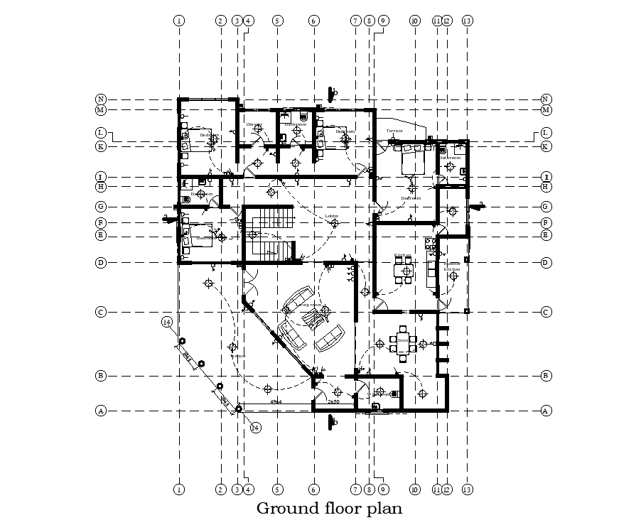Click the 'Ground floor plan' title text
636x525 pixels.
[329, 509]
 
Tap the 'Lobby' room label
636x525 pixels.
[331, 216]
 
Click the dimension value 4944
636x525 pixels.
[276, 402]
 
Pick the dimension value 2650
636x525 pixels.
[333, 402]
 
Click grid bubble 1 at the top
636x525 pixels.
[178, 21]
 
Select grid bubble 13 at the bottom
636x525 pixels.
[467, 489]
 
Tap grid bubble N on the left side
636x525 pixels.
[102, 99]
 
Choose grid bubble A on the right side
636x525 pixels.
[546, 411]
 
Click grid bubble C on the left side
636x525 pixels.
[102, 312]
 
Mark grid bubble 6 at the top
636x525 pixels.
[314, 21]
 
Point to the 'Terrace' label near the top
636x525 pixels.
[394, 131]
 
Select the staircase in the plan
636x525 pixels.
[269, 233]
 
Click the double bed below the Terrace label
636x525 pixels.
[413, 161]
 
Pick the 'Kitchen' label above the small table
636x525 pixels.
[403, 255]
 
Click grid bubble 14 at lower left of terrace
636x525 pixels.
[166, 323]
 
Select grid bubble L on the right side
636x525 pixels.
[546, 133]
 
